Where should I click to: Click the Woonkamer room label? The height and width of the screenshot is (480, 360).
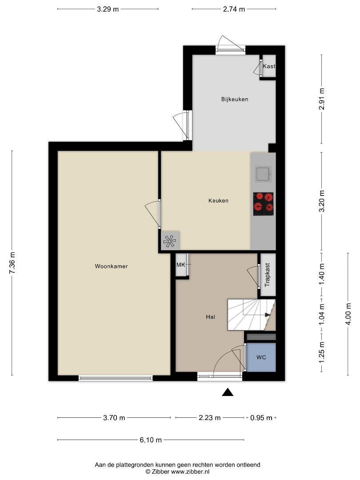tap(111, 266)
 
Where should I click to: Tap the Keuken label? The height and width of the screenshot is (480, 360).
tap(218, 201)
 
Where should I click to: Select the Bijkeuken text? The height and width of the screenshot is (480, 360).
tap(235, 99)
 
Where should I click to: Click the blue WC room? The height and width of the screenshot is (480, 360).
tap(261, 357)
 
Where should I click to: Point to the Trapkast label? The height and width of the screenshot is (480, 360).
tap(267, 275)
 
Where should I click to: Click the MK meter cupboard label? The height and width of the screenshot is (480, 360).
tap(180, 265)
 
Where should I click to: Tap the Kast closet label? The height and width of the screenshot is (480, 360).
tap(269, 66)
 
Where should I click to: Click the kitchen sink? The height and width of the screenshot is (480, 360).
tap(263, 175)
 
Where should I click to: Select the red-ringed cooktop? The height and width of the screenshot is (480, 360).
tap(263, 204)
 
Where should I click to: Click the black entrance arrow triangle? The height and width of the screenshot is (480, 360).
tap(228, 392)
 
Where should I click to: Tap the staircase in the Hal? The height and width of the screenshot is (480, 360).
tap(251, 315)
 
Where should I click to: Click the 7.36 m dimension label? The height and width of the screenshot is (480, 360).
tap(12, 263)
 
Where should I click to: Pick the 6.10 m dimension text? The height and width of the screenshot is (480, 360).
tap(151, 440)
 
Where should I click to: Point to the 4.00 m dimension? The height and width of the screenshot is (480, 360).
tap(348, 314)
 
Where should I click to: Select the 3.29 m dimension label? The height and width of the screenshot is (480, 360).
tap(108, 9)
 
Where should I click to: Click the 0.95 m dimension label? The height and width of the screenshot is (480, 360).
tap(261, 418)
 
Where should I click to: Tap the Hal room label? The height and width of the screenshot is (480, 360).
tap(210, 317)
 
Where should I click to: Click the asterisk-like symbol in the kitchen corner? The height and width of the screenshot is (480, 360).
tap(170, 241)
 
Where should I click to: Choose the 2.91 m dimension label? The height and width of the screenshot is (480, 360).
tap(321, 99)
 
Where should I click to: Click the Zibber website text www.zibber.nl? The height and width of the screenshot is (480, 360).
tap(190, 472)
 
